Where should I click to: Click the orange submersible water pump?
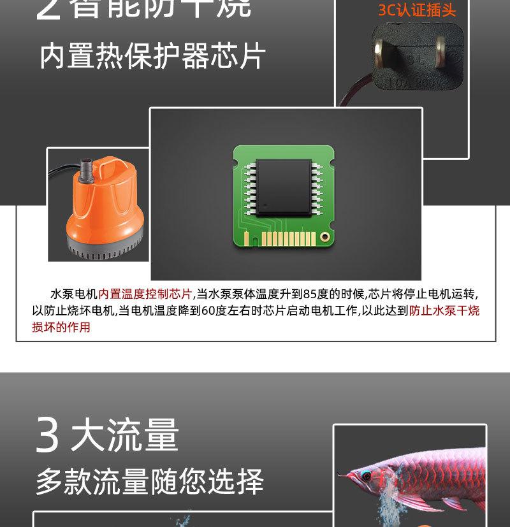(102, 204)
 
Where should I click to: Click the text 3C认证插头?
(418, 11)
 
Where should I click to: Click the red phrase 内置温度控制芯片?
(145, 294)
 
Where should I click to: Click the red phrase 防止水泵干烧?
(444, 311)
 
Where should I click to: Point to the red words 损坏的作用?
(61, 328)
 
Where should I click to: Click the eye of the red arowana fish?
(366, 475)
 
